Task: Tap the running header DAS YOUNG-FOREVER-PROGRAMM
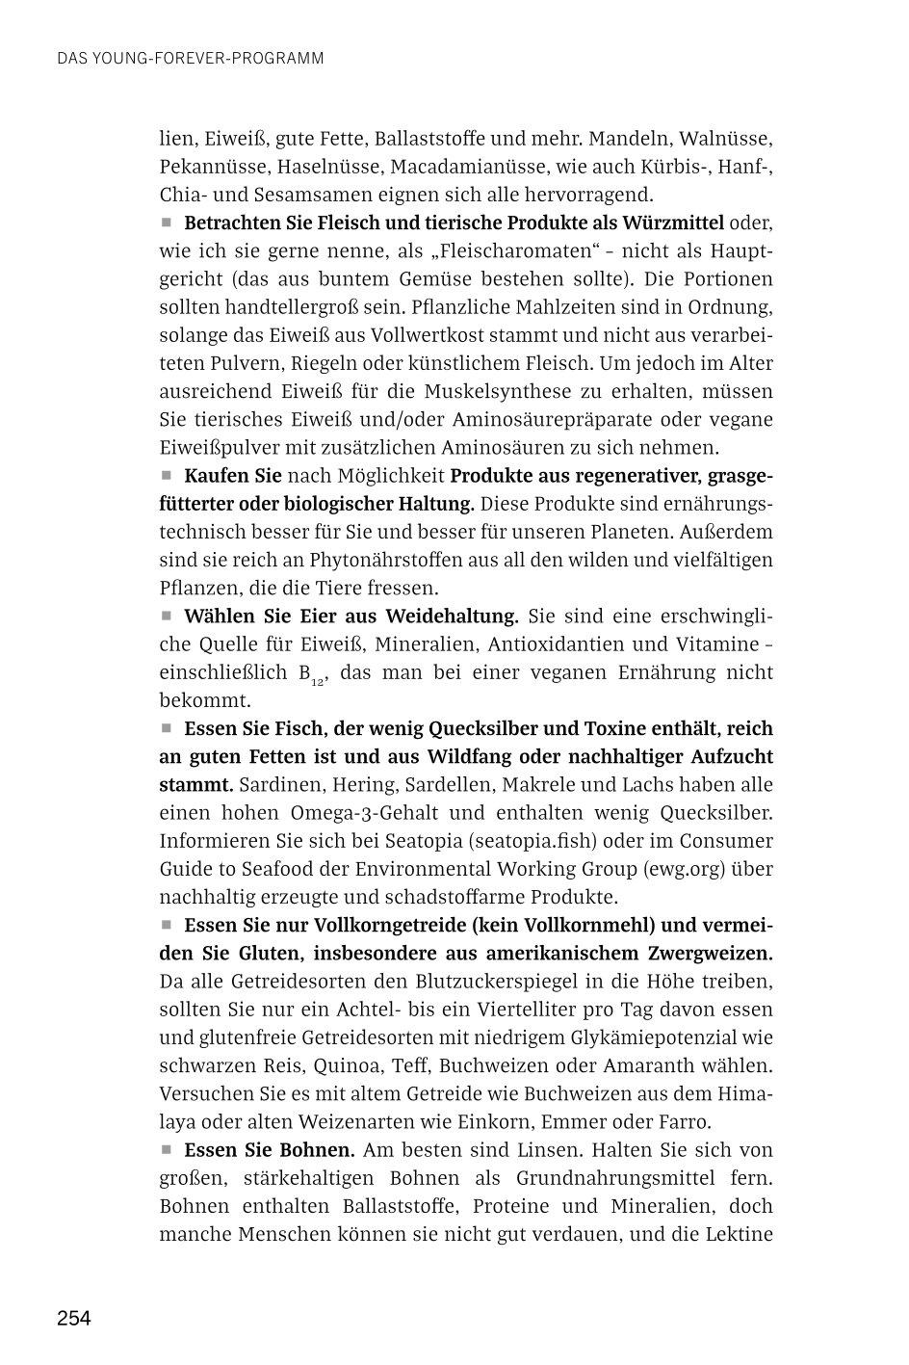[x=190, y=59]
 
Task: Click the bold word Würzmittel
[x=673, y=223]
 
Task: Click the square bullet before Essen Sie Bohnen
[x=166, y=1149]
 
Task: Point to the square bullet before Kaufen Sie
[x=166, y=475]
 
